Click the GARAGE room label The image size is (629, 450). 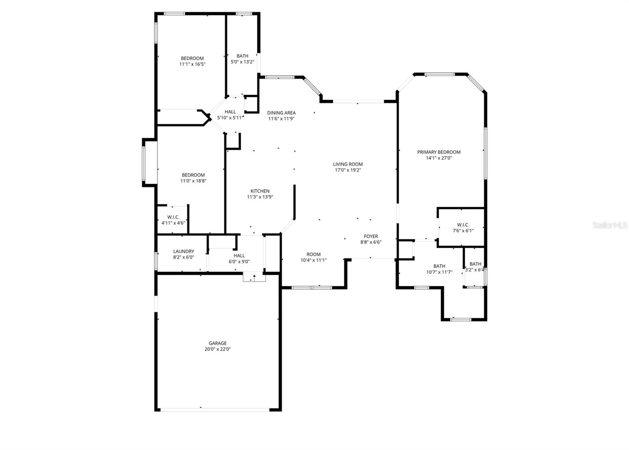coord(217,343)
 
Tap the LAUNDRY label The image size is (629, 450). coord(184,252)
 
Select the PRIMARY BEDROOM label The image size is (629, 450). coord(439,152)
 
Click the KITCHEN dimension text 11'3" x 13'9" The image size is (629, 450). coord(260,197)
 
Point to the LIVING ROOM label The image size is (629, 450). coord(348,164)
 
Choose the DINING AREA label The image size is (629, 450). coord(281,113)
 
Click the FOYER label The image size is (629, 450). coord(371,236)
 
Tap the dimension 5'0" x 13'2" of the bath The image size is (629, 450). coord(242,62)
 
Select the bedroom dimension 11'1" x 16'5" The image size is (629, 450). coord(192,64)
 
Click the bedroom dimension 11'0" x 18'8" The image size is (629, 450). coord(193,181)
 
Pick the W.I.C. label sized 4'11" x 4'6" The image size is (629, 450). coord(173,217)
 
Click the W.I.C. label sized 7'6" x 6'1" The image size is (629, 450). coord(463,225)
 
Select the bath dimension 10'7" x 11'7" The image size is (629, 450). coord(439,272)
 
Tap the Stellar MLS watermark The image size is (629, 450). coord(610,225)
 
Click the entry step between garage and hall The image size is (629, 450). coord(254,278)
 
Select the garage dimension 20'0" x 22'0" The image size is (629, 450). coord(217,349)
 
